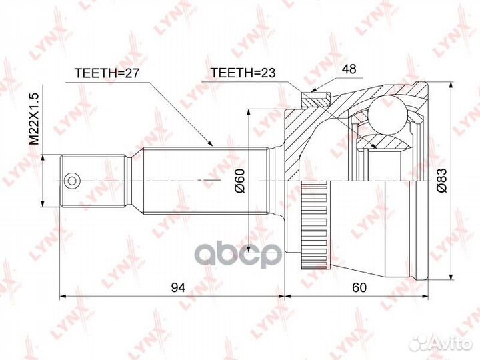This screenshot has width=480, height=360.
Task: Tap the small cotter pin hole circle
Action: click(x=71, y=180)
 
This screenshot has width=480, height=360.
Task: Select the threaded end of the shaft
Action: click(x=93, y=180)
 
